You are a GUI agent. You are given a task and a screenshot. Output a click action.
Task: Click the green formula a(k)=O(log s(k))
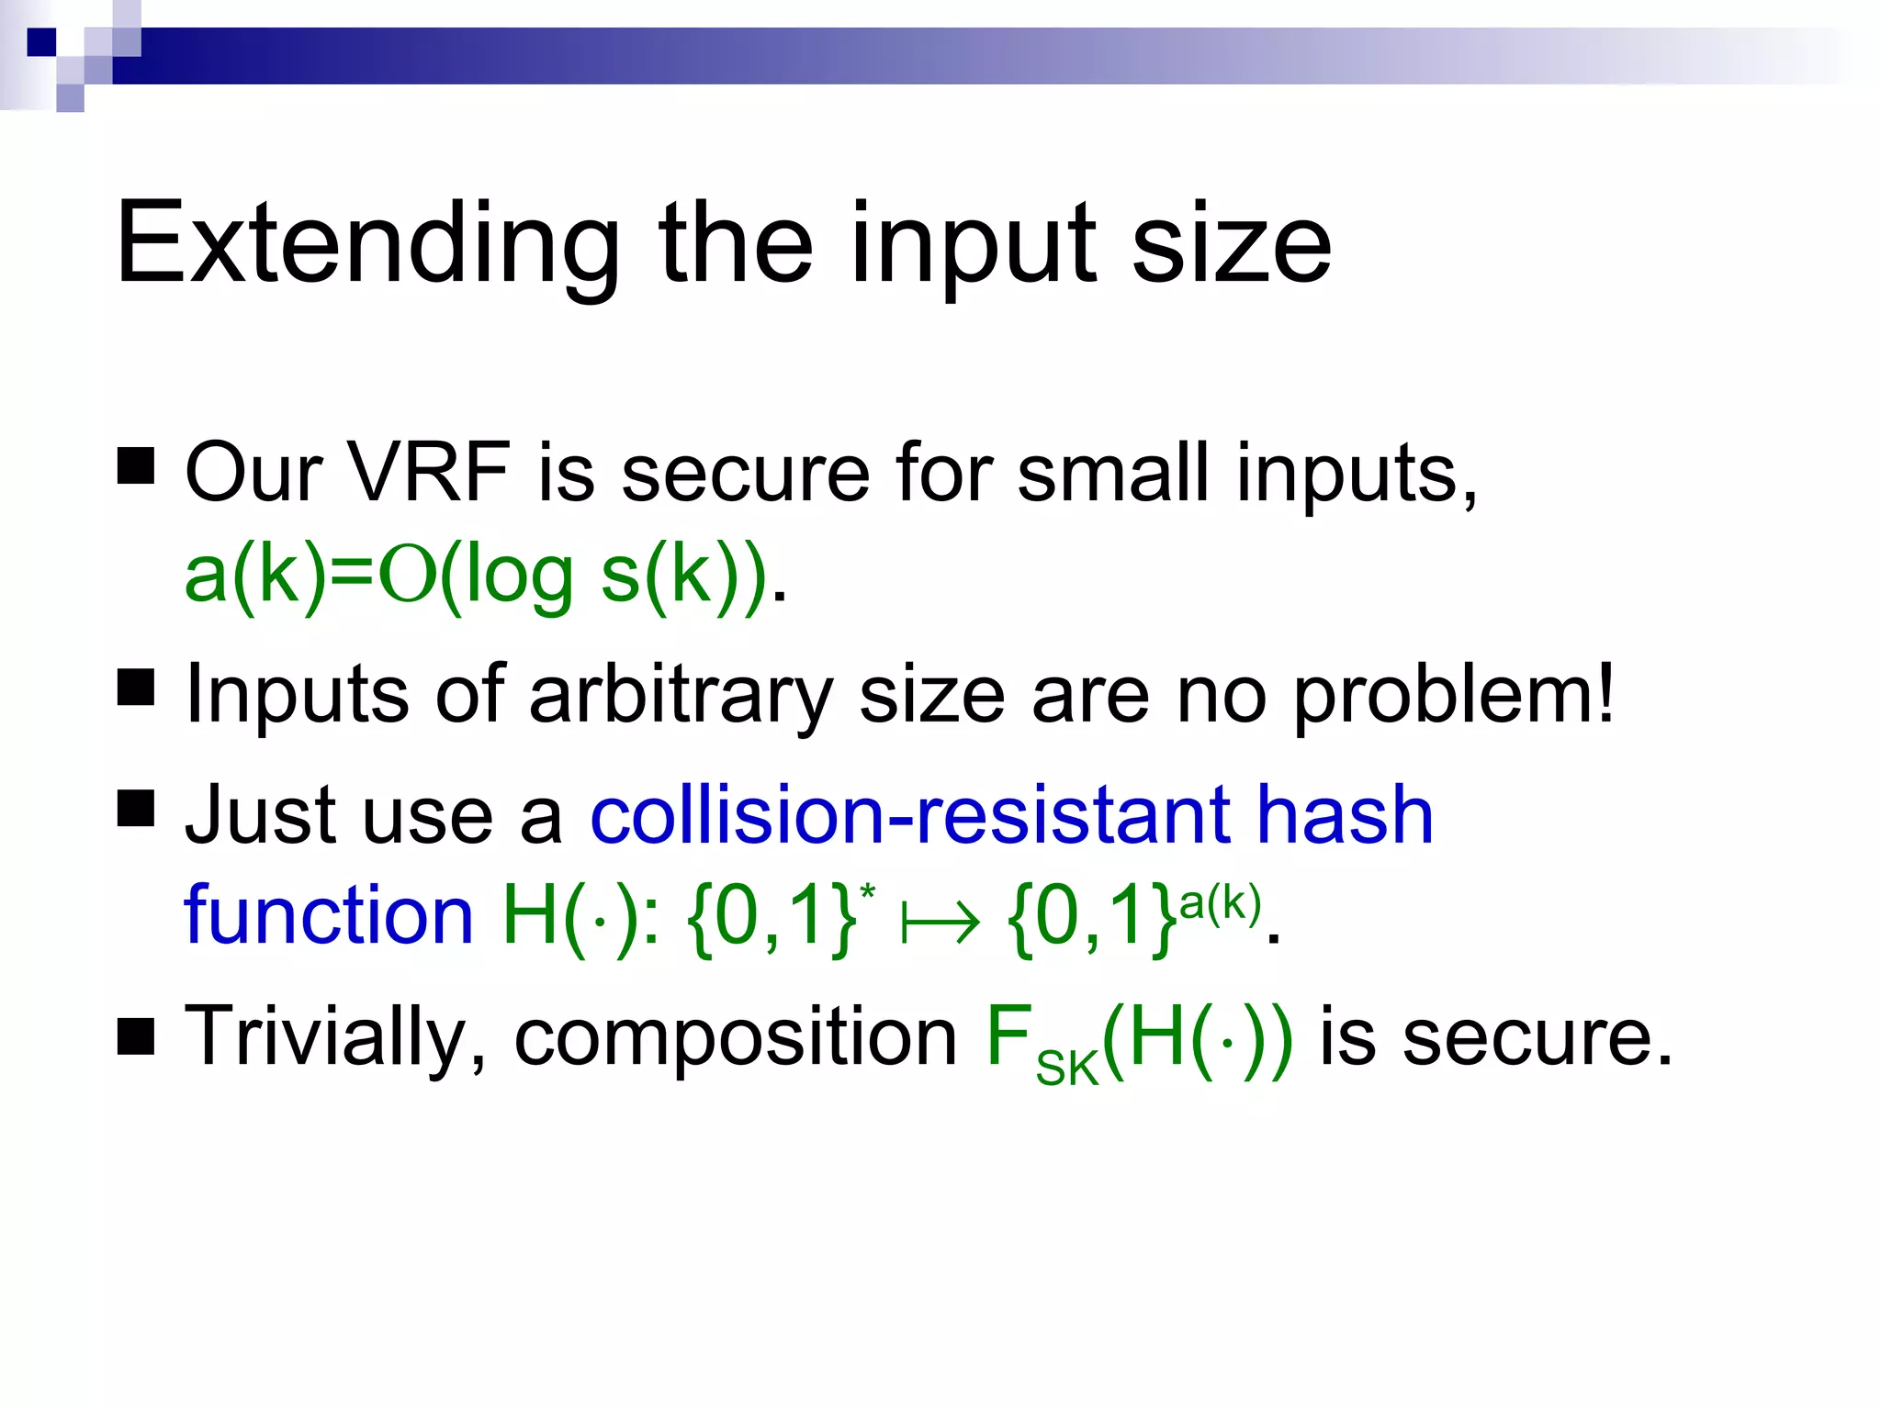click(475, 575)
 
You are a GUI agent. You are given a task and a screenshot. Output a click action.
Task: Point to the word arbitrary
click(681, 695)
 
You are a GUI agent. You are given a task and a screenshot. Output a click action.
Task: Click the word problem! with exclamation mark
click(1454, 695)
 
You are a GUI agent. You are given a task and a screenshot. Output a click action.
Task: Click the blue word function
click(328, 915)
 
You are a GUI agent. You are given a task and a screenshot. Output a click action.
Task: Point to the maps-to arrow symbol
click(940, 922)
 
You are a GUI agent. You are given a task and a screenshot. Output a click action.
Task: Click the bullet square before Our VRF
click(136, 465)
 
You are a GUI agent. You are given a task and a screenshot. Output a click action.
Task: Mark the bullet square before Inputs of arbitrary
click(136, 688)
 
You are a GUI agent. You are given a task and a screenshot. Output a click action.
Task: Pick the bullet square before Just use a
click(136, 809)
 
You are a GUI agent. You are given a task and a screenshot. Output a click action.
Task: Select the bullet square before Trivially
click(136, 1038)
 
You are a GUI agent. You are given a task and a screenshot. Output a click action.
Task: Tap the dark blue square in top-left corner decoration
click(41, 42)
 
